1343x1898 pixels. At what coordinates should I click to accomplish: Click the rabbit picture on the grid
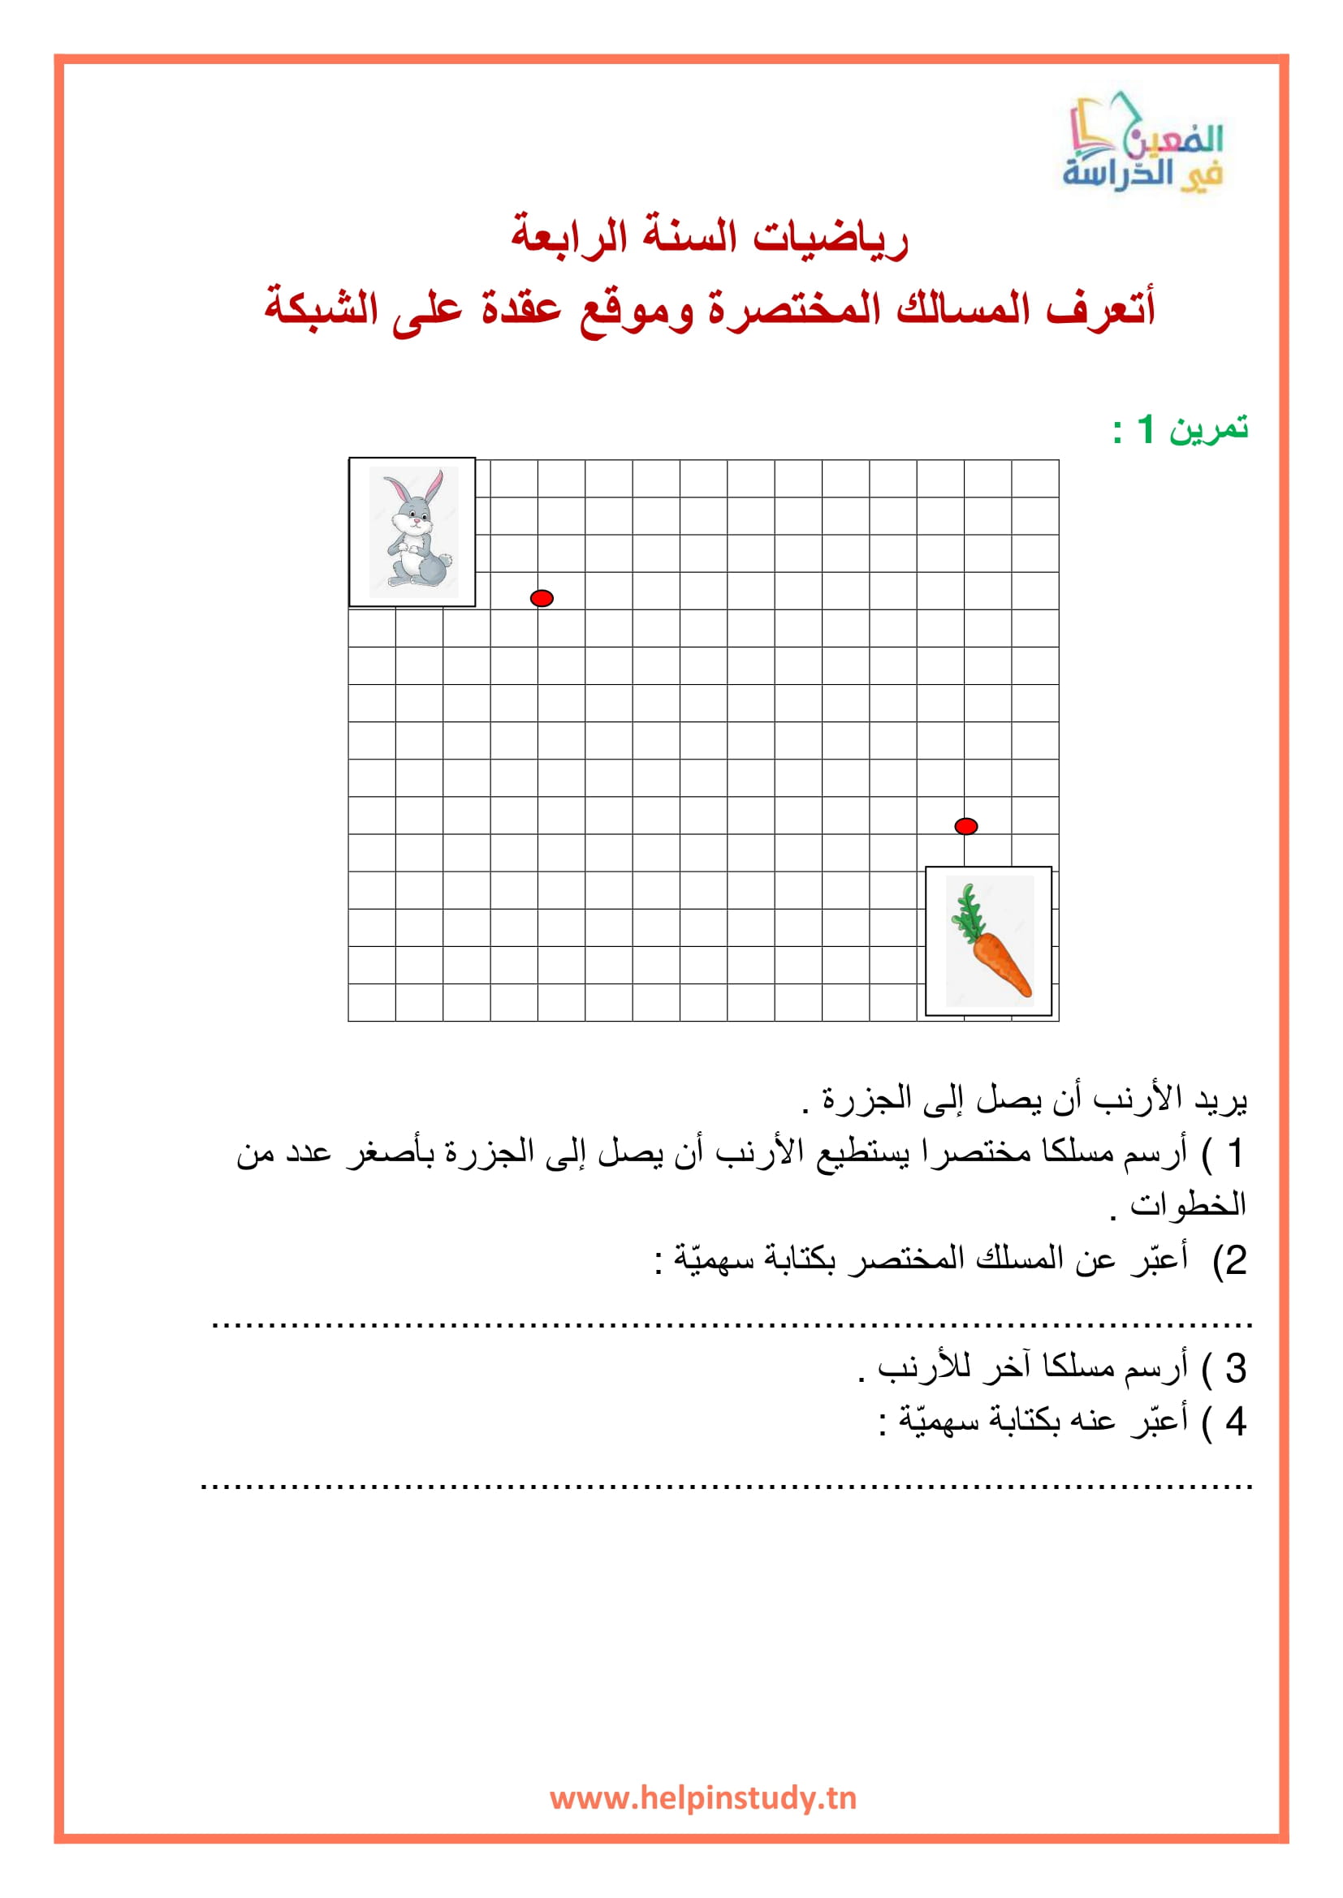412,532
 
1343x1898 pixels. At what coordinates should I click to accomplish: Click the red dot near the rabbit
542,598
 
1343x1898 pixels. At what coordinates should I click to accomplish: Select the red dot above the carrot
966,826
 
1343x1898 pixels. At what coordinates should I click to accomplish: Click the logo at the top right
1142,144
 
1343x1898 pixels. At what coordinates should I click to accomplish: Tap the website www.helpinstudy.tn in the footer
703,1797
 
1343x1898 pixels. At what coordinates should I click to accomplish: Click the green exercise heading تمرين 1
1180,429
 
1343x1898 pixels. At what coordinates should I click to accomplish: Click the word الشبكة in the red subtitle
321,308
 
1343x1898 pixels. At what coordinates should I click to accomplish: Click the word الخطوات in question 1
1188,1204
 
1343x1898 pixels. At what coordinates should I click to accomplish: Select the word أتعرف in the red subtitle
1100,308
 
